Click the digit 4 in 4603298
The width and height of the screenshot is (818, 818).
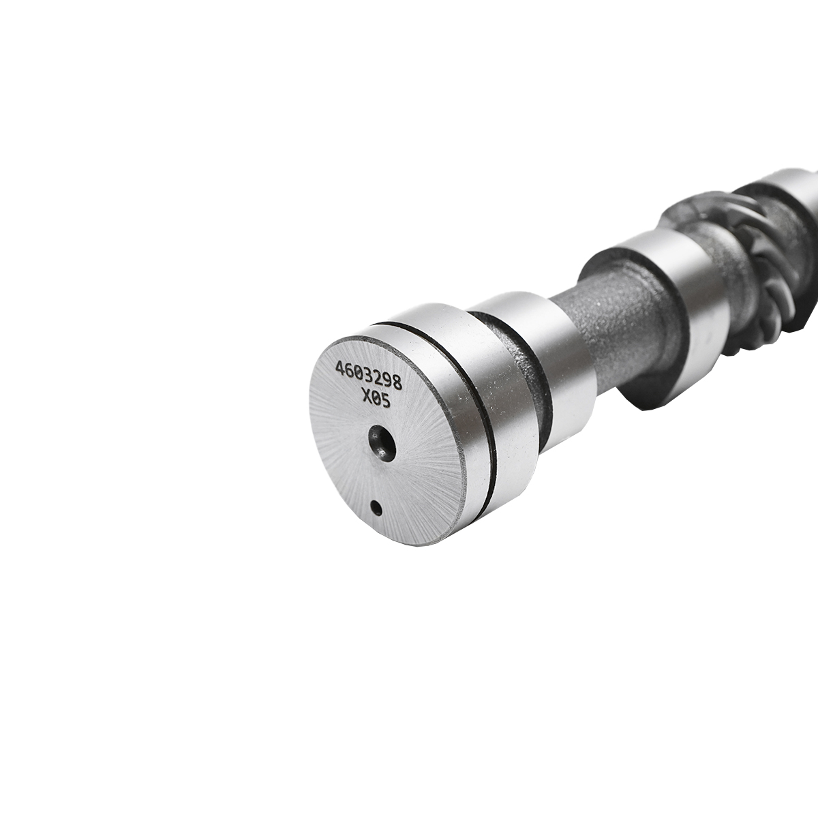click(339, 369)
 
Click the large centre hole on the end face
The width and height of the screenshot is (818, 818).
click(382, 442)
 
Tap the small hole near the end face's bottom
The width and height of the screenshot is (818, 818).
click(375, 506)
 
